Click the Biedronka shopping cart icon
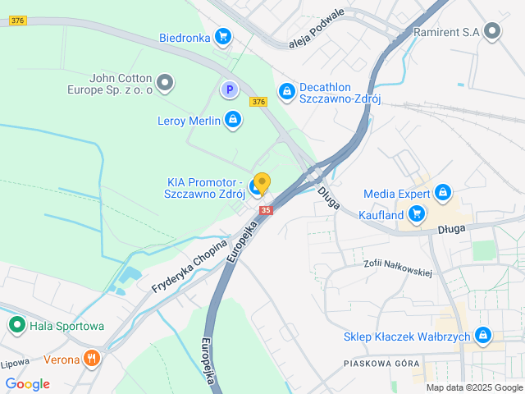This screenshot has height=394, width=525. click(x=222, y=36)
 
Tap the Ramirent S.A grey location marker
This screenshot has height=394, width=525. click(x=492, y=32)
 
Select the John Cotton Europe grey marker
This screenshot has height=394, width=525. click(x=166, y=82)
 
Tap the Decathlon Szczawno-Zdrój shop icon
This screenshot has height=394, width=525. click(x=286, y=90)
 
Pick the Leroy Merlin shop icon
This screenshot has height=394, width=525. click(x=233, y=121)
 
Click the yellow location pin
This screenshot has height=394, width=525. click(x=262, y=183)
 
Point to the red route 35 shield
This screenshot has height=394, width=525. click(x=265, y=210)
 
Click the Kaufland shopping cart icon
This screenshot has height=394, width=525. click(x=418, y=215)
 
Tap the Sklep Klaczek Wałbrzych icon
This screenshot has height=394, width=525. click(x=483, y=337)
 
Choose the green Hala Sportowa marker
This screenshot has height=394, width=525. click(x=16, y=326)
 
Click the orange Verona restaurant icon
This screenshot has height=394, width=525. click(x=92, y=359)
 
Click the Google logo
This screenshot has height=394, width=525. click(x=27, y=384)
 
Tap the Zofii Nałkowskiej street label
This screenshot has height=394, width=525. click(x=398, y=268)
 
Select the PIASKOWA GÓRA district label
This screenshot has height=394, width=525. click(x=381, y=364)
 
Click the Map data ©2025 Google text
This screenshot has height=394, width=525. click(x=473, y=387)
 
